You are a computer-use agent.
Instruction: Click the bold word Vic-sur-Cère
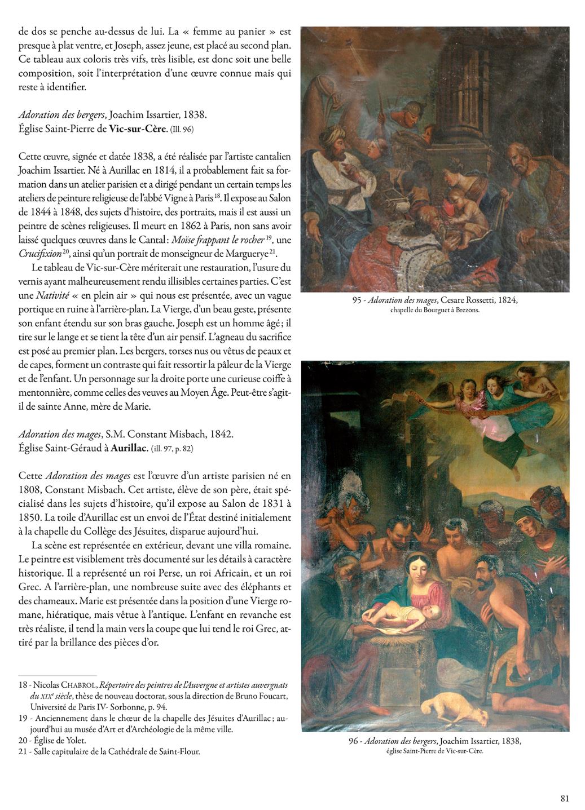click(138, 129)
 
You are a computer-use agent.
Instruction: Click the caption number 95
click(357, 300)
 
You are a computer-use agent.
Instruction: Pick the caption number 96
click(354, 741)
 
